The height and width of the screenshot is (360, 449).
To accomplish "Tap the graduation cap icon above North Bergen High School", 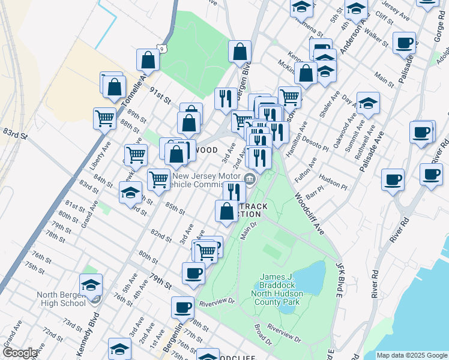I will [x=91, y=284].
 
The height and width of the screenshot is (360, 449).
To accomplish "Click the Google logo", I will [x=20, y=353].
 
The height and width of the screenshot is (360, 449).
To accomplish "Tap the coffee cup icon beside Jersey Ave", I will [x=405, y=42].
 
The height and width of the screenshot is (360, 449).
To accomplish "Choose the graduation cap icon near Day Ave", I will [x=368, y=103].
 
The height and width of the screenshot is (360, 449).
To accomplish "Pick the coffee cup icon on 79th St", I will [x=193, y=273].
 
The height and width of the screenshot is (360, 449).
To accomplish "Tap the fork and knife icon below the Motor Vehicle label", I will [x=233, y=192].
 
